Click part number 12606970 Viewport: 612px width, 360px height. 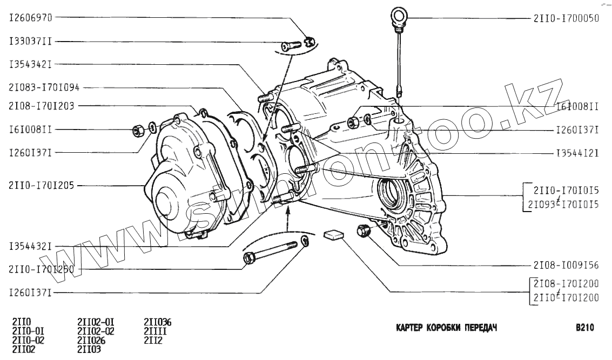(x=30, y=18)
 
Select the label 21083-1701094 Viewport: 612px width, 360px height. (x=44, y=87)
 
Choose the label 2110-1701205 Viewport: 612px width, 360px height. (x=41, y=185)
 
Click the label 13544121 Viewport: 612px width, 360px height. (x=577, y=153)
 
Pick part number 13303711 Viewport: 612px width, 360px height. (x=30, y=41)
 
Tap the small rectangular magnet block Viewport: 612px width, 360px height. (x=333, y=235)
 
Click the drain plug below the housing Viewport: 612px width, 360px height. (x=363, y=230)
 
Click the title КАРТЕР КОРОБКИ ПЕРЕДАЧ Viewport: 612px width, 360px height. (x=446, y=328)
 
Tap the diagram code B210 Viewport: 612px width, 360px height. (x=584, y=328)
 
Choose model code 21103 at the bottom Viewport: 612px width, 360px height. (x=90, y=349)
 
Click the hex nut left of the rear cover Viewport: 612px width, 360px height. (x=138, y=130)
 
